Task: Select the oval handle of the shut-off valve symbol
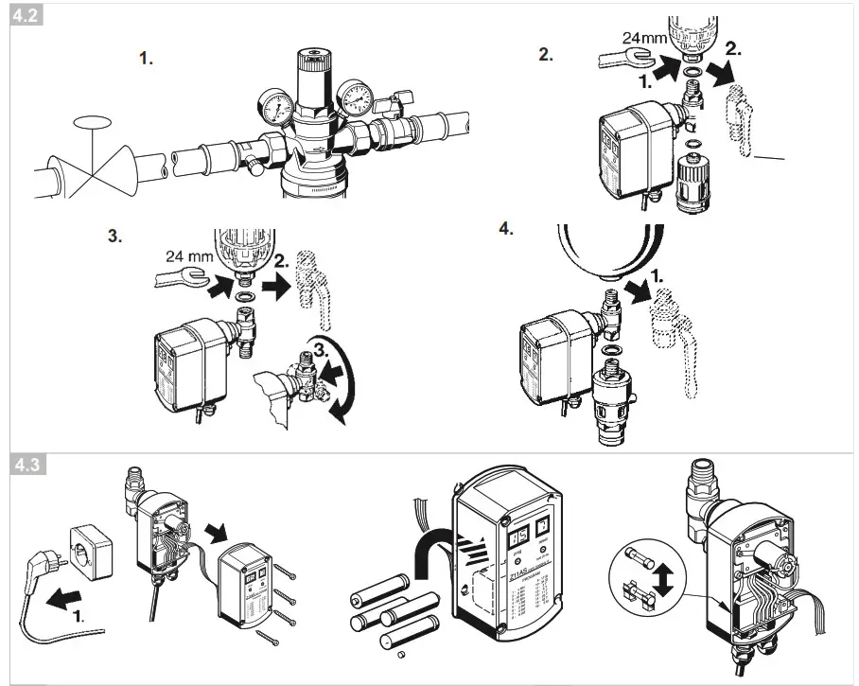92,121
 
